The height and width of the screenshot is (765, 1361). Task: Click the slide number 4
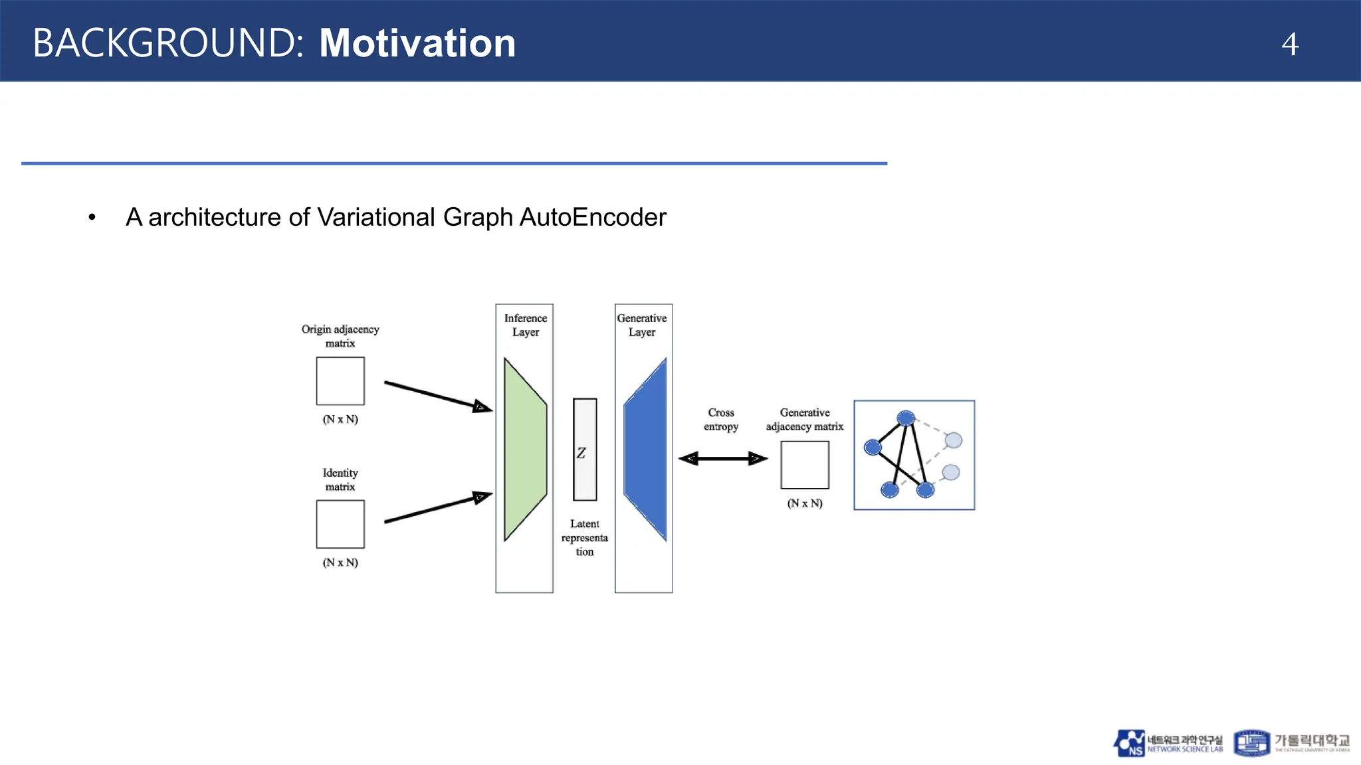[1289, 44]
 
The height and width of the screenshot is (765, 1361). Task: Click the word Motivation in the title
[417, 44]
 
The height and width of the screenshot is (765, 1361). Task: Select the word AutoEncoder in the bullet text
[593, 217]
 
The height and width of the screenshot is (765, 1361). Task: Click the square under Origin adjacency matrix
[340, 381]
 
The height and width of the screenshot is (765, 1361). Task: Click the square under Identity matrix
[340, 525]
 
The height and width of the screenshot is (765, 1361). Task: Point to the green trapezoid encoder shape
[524, 450]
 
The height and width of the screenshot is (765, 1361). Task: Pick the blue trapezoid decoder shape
[646, 450]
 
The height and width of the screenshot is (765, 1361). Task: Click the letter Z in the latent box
[581, 453]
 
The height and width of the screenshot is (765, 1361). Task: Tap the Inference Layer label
[525, 325]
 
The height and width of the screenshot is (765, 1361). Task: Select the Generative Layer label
[642, 325]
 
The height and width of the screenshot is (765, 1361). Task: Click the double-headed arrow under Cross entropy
[722, 458]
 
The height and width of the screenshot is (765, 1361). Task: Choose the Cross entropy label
[721, 420]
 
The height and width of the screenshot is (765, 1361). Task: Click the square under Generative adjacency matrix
[805, 465]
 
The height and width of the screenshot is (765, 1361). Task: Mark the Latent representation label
[584, 538]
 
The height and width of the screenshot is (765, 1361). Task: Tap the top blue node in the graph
[906, 418]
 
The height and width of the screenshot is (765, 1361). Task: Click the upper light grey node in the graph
[954, 440]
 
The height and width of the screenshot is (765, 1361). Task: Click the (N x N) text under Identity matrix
[340, 562]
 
